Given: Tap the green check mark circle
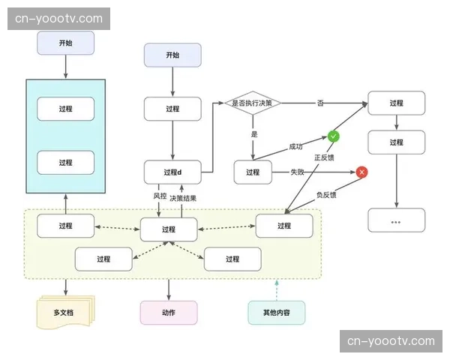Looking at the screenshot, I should pos(333,136).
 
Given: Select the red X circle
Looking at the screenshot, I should pos(362,172).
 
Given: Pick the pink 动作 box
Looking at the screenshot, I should pos(169,312).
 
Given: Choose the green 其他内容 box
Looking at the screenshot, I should pos(277,312).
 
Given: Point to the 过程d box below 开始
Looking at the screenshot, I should pos(172,109).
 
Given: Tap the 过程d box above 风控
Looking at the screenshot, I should pos(172,172).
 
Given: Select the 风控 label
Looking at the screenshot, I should pos(160,196).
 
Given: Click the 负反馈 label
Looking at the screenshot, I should pos(325,195).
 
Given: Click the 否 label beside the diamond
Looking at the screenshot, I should pos(320,103).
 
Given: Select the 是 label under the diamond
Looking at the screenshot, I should pos(254,133).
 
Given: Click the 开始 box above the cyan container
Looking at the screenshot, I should pos(65,43).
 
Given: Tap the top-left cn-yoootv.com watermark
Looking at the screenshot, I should pos(59,18).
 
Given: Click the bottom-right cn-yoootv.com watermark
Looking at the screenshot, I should pos(391,341).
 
